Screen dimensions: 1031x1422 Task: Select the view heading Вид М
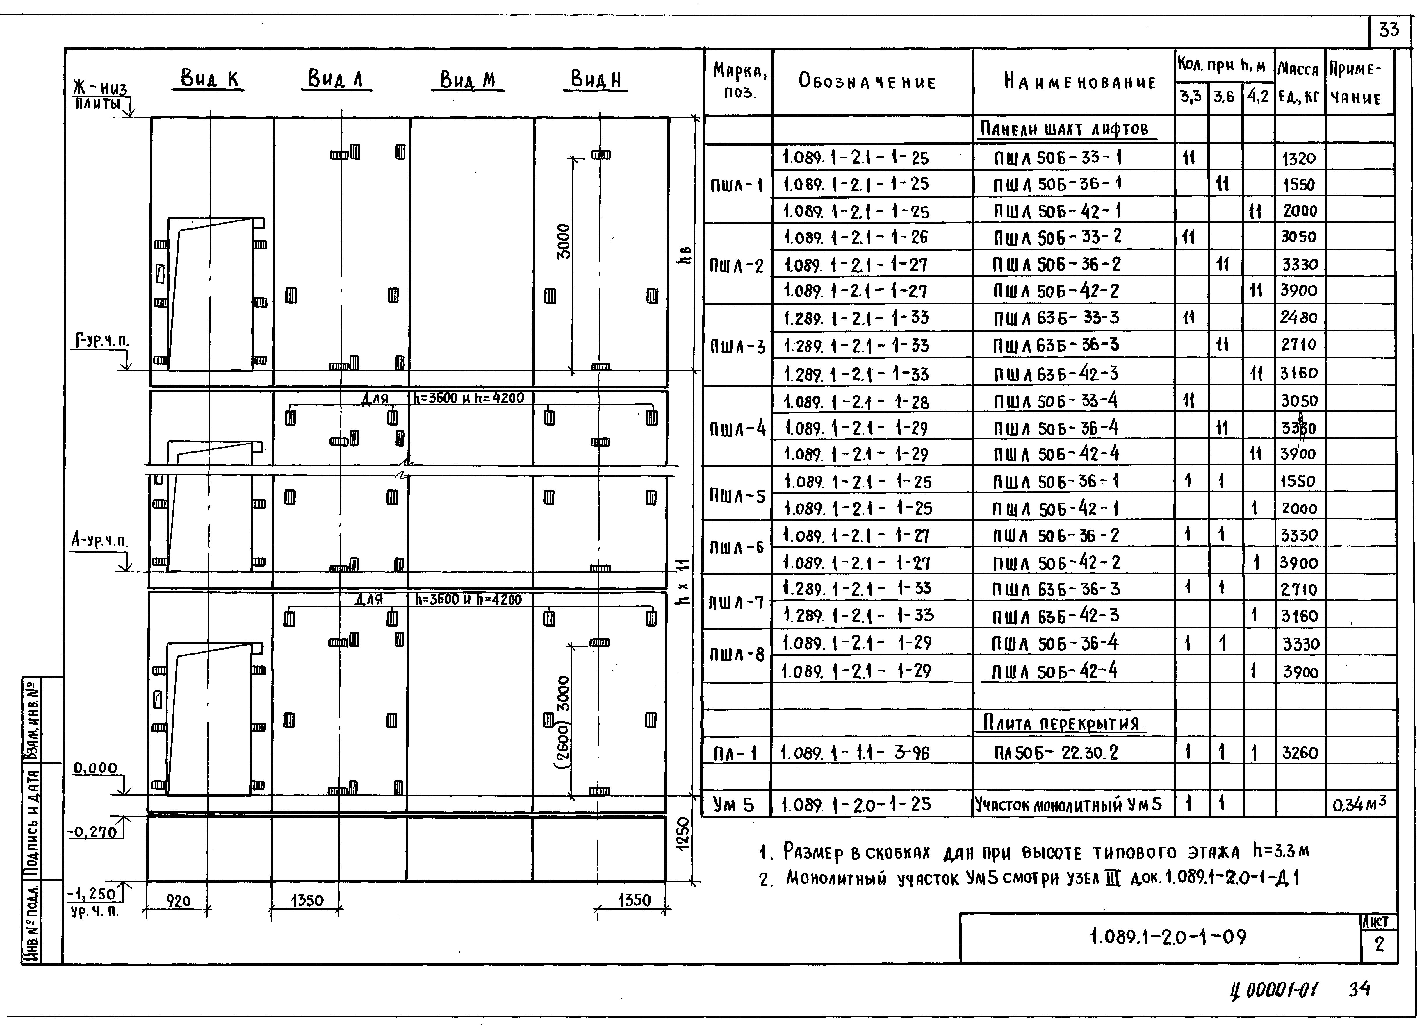468,80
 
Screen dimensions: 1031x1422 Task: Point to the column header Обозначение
867,82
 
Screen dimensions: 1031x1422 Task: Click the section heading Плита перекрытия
1061,724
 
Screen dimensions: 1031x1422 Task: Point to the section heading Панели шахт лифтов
1065,129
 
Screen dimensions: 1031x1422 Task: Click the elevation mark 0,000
95,768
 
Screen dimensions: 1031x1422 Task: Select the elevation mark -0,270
93,832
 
